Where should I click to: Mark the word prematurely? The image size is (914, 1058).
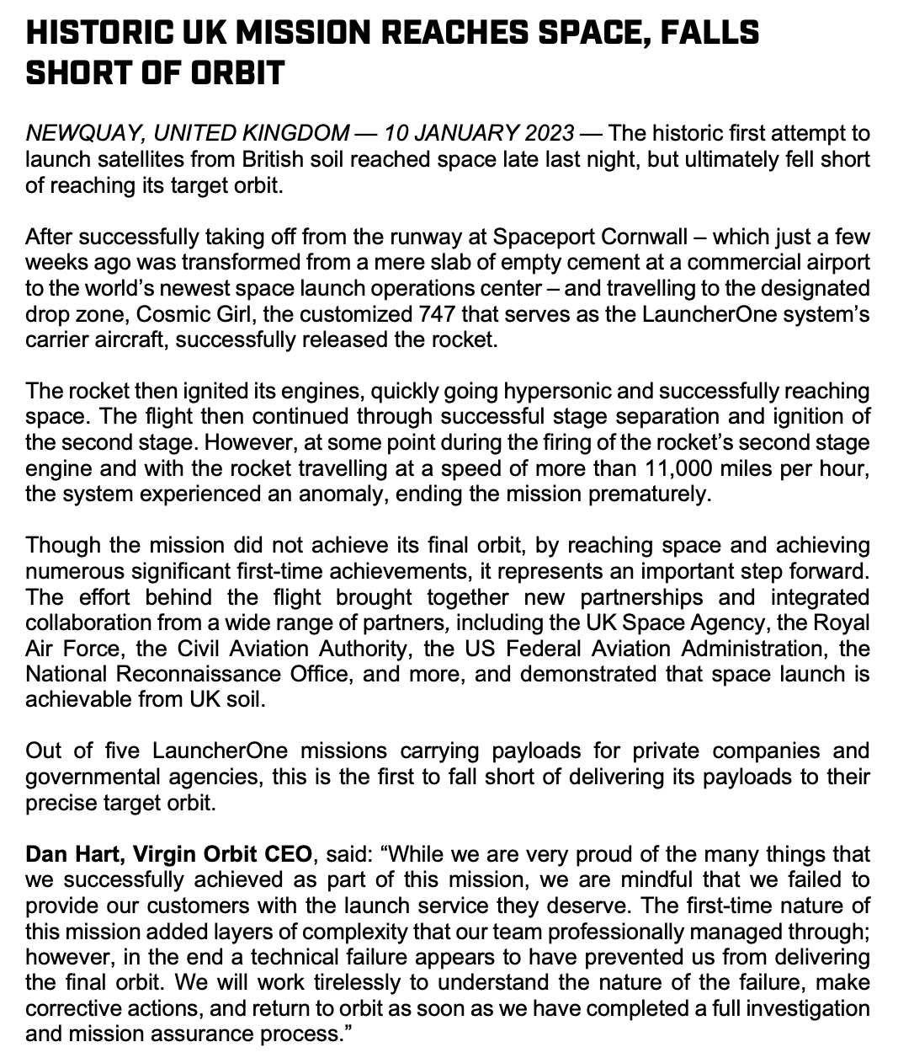[x=652, y=493]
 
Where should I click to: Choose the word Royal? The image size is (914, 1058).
[x=844, y=623]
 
